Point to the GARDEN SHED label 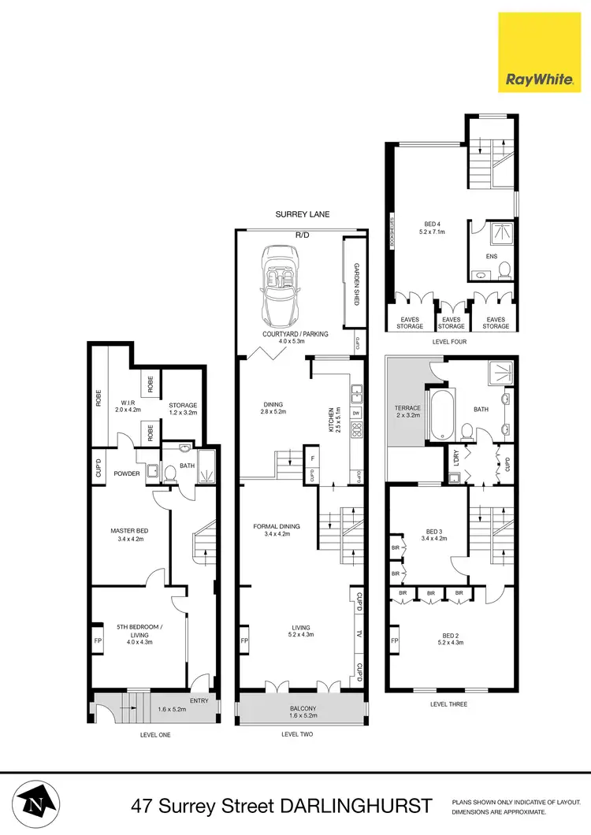pyautogui.click(x=356, y=284)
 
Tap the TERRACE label pyautogui.click(x=408, y=408)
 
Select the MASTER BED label pyautogui.click(x=129, y=531)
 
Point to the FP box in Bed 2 pyautogui.click(x=393, y=641)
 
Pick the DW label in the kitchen pyautogui.click(x=356, y=413)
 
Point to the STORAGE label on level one pyautogui.click(x=182, y=406)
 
